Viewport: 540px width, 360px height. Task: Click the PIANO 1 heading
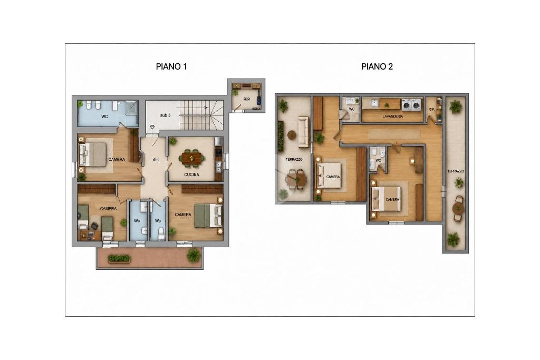pos(171,66)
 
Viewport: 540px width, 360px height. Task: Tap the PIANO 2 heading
pos(377,66)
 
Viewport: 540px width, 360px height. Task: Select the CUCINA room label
pos(191,174)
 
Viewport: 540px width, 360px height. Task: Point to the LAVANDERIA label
pos(392,116)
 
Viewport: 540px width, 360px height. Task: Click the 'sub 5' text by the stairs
pos(165,115)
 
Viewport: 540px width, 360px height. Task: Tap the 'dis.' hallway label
pos(156,160)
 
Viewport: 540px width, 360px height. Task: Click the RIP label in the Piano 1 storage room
pos(247,99)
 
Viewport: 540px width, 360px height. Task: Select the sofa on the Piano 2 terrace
pos(303,132)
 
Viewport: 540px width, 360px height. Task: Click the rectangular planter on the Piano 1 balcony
pos(119,258)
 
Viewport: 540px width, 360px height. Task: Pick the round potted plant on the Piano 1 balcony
pos(194,255)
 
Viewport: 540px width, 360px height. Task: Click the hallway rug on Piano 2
pos(394,134)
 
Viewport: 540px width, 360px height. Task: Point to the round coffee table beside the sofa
pos(292,135)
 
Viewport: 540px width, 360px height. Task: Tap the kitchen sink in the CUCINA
pos(218,167)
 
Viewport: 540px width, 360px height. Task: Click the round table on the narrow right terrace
pos(458,208)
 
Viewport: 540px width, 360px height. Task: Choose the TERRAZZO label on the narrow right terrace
pos(456,171)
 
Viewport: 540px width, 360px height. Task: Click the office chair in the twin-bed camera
pos(94,226)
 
